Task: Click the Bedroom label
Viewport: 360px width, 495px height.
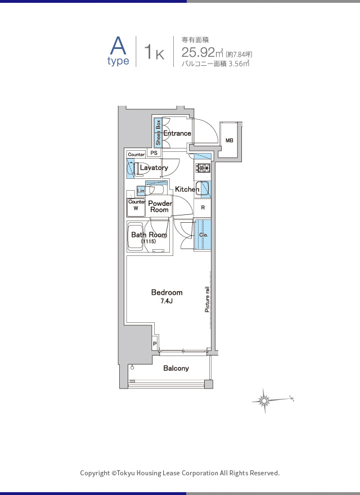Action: (166, 292)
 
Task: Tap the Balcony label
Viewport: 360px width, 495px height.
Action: (176, 368)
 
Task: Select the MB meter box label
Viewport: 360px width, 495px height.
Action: (229, 140)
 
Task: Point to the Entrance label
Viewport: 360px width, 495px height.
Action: (177, 133)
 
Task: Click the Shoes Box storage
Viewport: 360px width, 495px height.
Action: (158, 133)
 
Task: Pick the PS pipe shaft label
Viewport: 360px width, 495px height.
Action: (154, 153)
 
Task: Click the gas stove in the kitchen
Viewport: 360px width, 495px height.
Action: (203, 168)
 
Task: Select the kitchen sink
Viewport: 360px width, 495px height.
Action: (202, 189)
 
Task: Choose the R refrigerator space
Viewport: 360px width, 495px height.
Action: (202, 208)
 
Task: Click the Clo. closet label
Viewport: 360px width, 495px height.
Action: (204, 235)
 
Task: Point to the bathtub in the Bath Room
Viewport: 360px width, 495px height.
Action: (136, 236)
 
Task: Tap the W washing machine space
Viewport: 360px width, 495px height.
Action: (136, 208)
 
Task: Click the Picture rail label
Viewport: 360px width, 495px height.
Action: (207, 299)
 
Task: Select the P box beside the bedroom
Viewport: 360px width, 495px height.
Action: (155, 344)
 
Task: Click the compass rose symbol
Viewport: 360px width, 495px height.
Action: (264, 400)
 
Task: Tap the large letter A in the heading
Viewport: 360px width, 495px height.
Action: (118, 46)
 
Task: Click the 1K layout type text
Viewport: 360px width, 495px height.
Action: (154, 52)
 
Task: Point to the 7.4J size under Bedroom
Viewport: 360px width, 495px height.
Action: (166, 301)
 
